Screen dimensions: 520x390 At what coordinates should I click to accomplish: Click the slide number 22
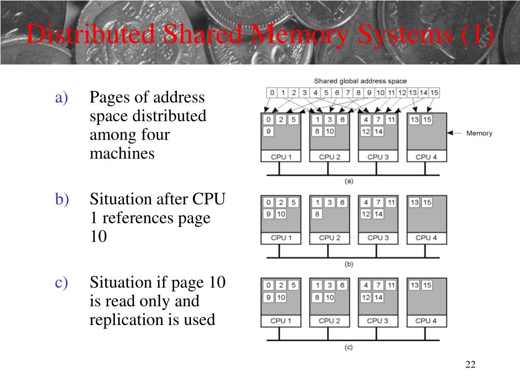click(x=470, y=365)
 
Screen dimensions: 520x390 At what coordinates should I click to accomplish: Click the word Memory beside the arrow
click(x=479, y=134)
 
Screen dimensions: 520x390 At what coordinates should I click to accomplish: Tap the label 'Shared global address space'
click(x=360, y=81)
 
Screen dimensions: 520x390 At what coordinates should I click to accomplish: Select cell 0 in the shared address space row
click(x=272, y=93)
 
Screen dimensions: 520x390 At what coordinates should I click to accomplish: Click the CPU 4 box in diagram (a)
click(x=426, y=157)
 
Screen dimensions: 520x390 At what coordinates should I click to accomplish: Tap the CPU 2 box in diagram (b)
click(x=329, y=238)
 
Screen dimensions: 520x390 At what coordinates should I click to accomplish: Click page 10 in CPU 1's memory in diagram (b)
click(x=281, y=214)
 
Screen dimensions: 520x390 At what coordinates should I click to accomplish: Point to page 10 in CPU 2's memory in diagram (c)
click(x=329, y=298)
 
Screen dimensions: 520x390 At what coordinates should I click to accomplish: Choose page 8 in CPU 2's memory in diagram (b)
click(x=316, y=214)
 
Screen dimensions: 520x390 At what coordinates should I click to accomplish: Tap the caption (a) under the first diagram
click(x=349, y=181)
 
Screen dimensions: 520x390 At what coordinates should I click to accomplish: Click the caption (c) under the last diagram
click(x=349, y=347)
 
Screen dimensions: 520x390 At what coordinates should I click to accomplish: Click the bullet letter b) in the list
click(x=61, y=200)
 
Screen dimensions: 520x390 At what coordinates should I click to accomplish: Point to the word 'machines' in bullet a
click(x=122, y=153)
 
